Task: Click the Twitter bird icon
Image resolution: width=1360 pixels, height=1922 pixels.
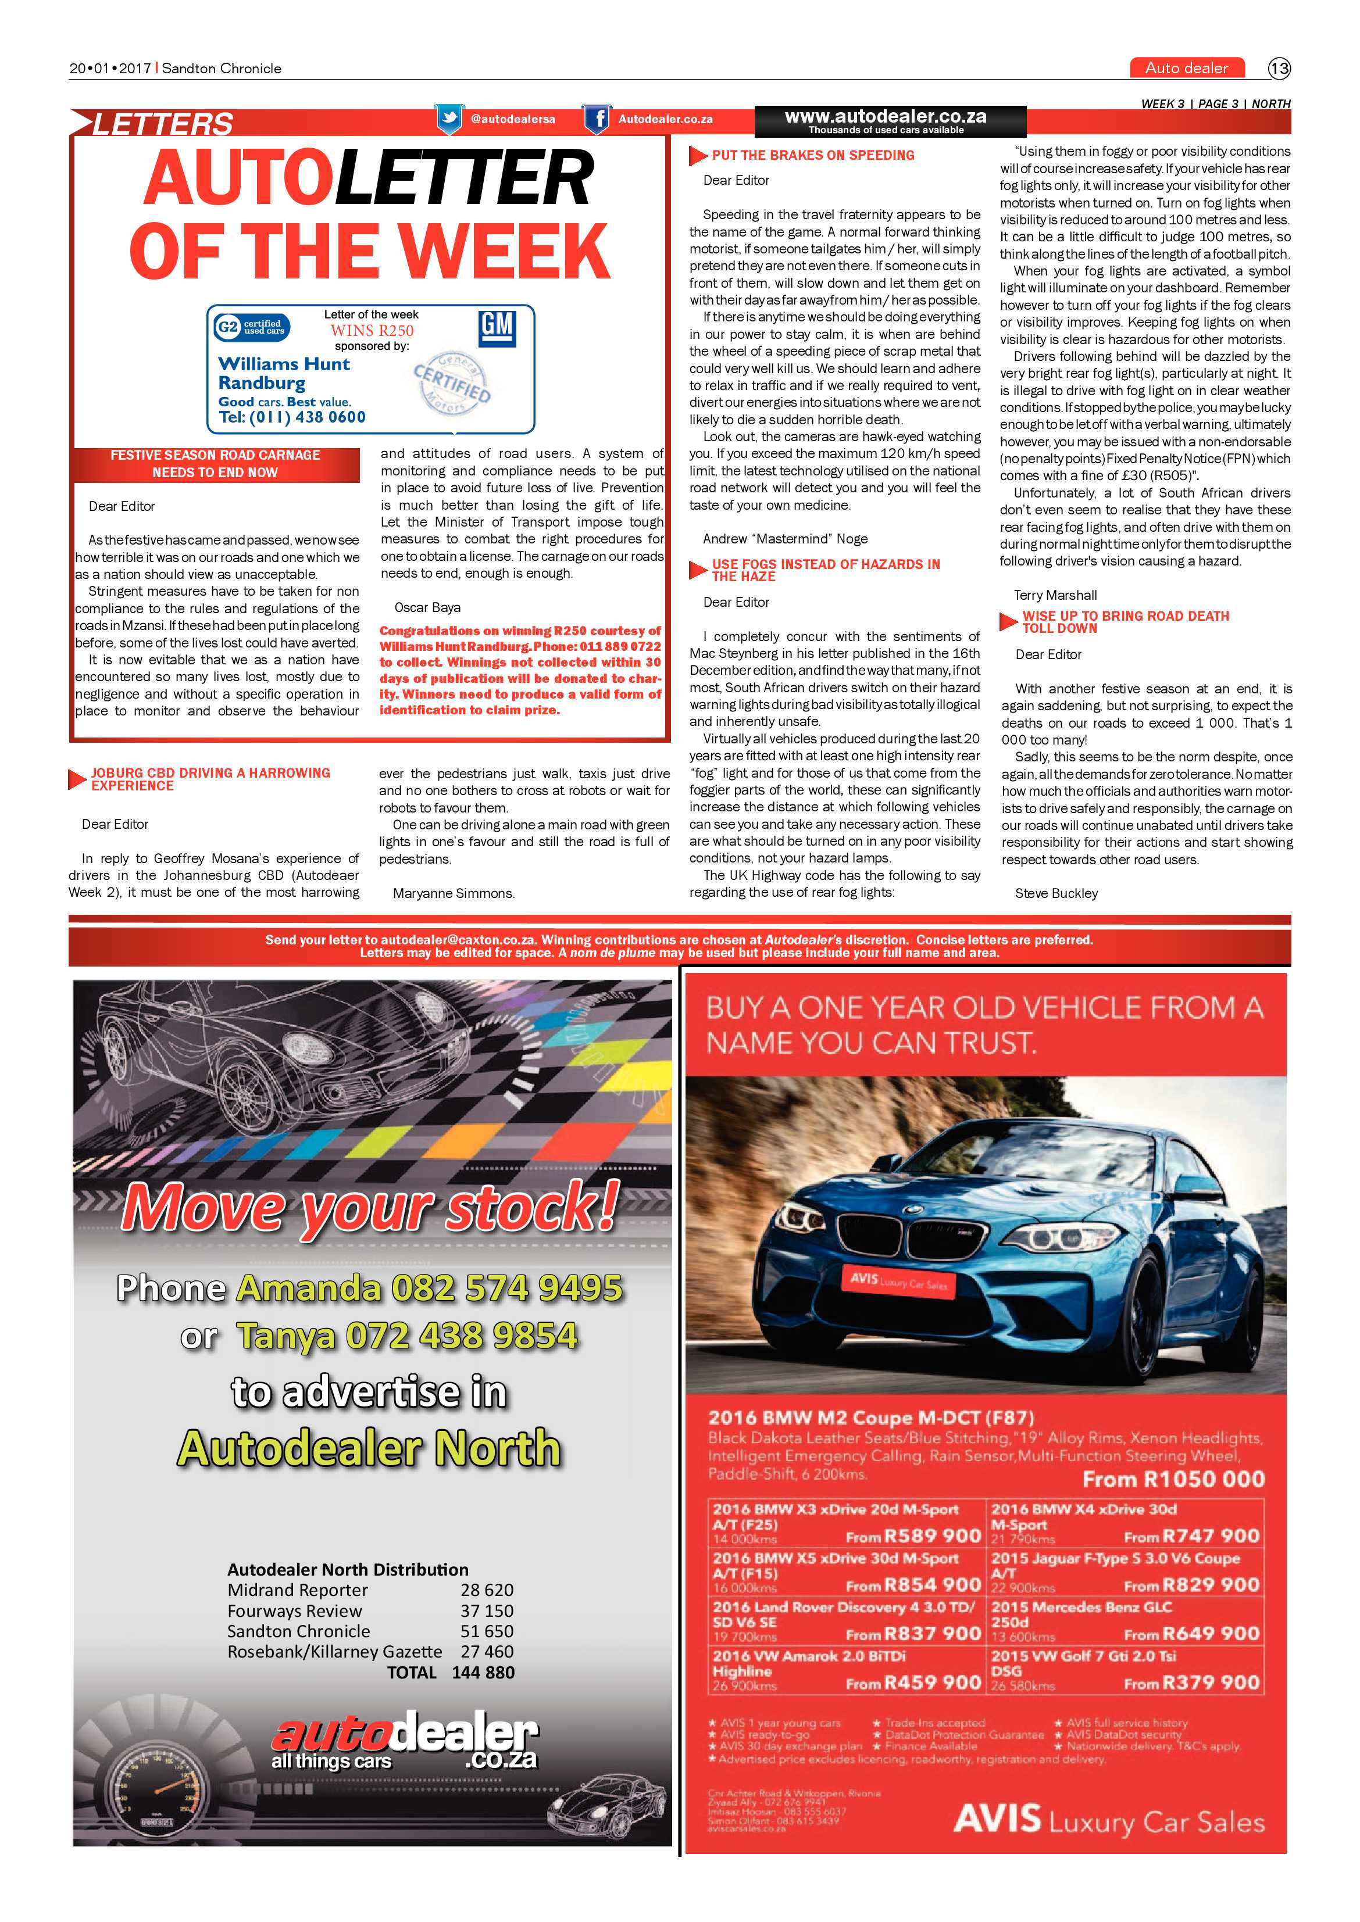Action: pos(449,119)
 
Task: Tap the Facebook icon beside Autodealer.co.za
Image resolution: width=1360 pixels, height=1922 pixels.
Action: pos(596,119)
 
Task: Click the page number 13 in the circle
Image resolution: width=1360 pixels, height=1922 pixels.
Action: pos(1279,69)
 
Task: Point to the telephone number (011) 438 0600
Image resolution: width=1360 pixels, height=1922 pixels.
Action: pos(292,417)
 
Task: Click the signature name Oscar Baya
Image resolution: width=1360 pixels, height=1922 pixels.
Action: pos(427,608)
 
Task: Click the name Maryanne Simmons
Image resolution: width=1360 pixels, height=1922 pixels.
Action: pos(453,893)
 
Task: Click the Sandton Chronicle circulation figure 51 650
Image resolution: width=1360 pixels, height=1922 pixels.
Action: pos(487,1631)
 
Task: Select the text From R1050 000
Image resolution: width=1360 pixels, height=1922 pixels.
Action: pos(1172,1479)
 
